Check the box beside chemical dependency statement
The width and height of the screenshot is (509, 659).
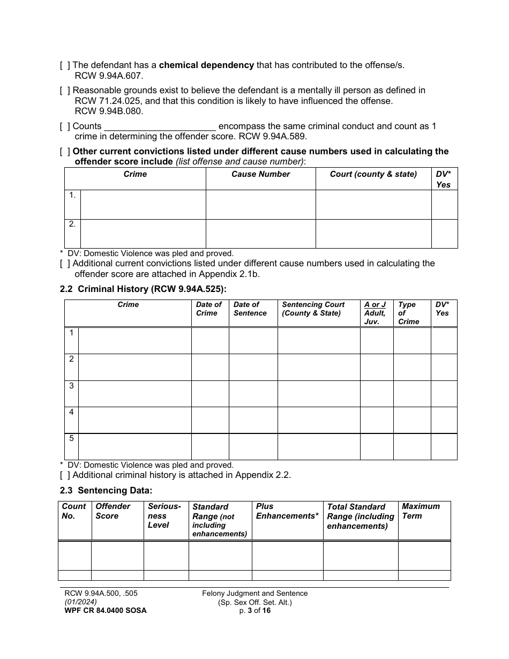(x=64, y=65)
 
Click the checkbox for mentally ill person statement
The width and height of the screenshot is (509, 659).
(x=64, y=91)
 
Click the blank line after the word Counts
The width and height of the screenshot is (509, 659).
(x=160, y=126)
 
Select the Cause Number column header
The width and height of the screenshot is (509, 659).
(x=260, y=174)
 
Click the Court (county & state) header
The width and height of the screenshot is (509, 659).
(x=373, y=174)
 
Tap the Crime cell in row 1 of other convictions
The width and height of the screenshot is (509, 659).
(x=143, y=205)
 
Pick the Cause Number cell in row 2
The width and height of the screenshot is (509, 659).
(x=260, y=234)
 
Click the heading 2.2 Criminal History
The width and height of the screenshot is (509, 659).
(x=143, y=289)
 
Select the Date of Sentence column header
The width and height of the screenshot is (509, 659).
(x=250, y=309)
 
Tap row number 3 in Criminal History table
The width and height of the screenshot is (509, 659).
(x=71, y=386)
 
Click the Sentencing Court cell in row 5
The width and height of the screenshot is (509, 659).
(x=318, y=446)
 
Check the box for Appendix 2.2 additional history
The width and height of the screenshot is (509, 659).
(x=64, y=475)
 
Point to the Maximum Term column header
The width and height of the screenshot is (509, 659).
(x=421, y=511)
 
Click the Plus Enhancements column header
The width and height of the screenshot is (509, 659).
(x=287, y=511)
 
